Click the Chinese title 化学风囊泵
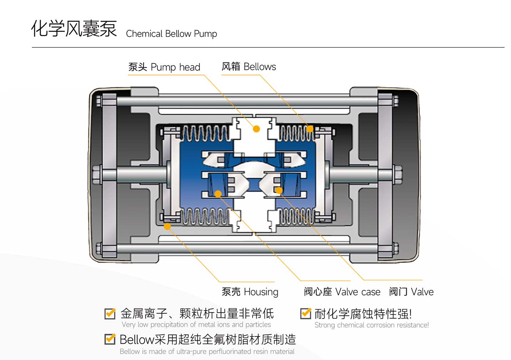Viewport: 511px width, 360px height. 74,29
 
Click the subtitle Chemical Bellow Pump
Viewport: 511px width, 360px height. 171,34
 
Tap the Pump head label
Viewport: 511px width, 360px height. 164,67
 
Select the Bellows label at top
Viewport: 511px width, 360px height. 249,67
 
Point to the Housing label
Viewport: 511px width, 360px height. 250,292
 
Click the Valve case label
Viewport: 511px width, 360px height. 342,292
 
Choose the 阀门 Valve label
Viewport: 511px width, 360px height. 411,292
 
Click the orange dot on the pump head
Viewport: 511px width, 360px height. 256,129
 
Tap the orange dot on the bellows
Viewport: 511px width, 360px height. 310,129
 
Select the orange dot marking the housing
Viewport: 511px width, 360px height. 167,226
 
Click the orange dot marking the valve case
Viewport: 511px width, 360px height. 218,194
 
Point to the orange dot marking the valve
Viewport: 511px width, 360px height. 279,190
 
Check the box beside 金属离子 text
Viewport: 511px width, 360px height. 110,313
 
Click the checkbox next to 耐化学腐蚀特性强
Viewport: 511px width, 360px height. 305,313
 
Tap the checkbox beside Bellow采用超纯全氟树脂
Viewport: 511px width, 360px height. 110,339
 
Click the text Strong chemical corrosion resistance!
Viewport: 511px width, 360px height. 371,325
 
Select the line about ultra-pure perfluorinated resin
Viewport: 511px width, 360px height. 207,351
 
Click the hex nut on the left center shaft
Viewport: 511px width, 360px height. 96,174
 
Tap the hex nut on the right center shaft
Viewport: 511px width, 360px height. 397,174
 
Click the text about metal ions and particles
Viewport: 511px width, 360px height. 196,325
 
